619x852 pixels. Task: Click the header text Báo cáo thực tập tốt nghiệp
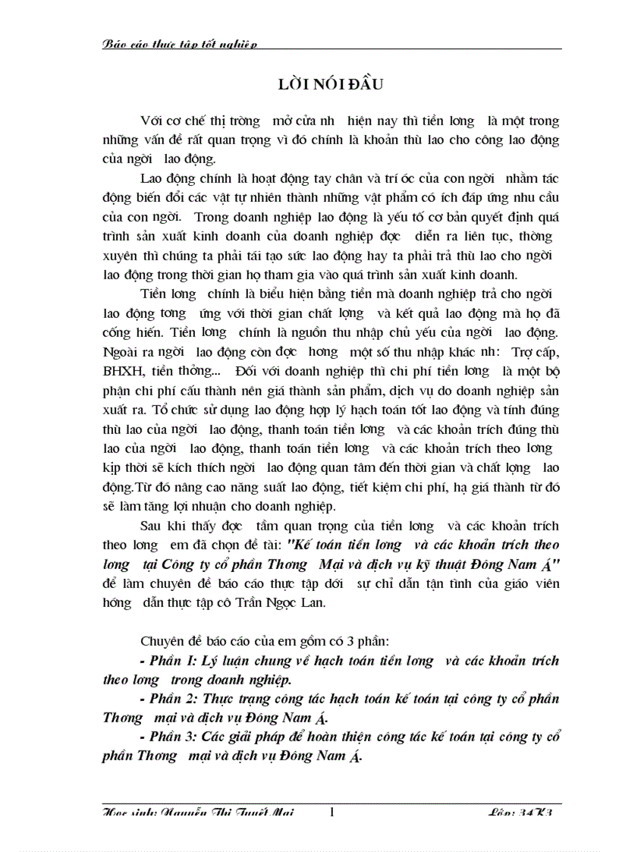(x=180, y=45)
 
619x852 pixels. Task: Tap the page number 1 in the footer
(x=331, y=812)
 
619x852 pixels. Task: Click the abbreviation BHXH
(x=120, y=370)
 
